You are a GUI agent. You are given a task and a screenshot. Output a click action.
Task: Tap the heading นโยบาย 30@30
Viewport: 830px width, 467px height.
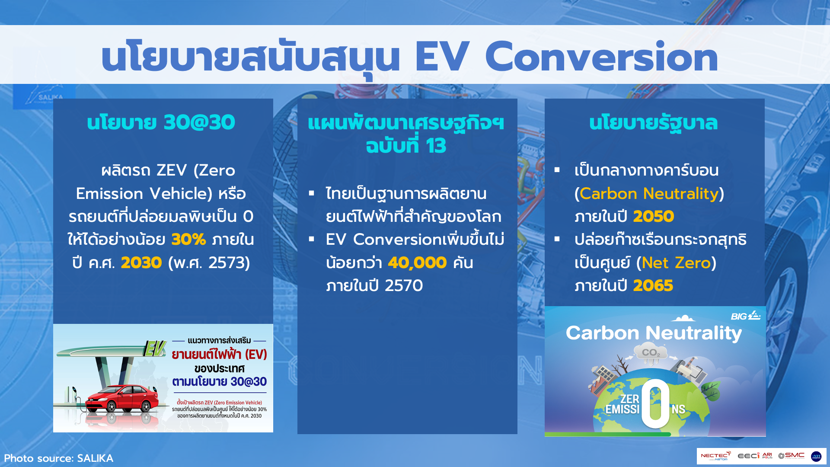click(161, 122)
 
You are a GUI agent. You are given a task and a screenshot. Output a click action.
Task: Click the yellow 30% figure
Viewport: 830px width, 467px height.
click(188, 239)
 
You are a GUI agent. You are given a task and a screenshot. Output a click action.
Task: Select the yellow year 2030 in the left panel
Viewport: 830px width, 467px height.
click(141, 262)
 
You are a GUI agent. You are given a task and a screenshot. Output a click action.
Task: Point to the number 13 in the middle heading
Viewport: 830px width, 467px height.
click(435, 146)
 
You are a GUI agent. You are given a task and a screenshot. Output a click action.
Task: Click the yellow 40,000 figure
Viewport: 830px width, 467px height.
click(417, 262)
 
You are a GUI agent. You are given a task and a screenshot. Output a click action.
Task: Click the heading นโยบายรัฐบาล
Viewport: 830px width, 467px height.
click(653, 123)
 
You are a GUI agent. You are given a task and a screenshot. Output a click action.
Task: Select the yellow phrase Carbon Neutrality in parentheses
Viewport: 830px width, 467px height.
click(649, 193)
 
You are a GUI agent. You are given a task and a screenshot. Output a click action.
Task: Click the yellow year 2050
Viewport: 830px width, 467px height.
click(653, 216)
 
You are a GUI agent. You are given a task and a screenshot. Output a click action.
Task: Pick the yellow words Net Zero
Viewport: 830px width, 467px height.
click(676, 262)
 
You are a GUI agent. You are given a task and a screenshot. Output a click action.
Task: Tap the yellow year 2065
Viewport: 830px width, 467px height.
click(653, 285)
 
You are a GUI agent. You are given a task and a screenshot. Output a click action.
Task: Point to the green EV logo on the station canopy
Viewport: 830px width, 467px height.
click(155, 349)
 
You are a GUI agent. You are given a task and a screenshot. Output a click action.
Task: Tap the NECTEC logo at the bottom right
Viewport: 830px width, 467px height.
click(715, 456)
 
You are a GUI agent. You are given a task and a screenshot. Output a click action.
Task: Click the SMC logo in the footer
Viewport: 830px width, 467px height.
click(792, 456)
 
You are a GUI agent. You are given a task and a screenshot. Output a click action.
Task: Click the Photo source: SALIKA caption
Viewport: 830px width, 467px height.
click(59, 458)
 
